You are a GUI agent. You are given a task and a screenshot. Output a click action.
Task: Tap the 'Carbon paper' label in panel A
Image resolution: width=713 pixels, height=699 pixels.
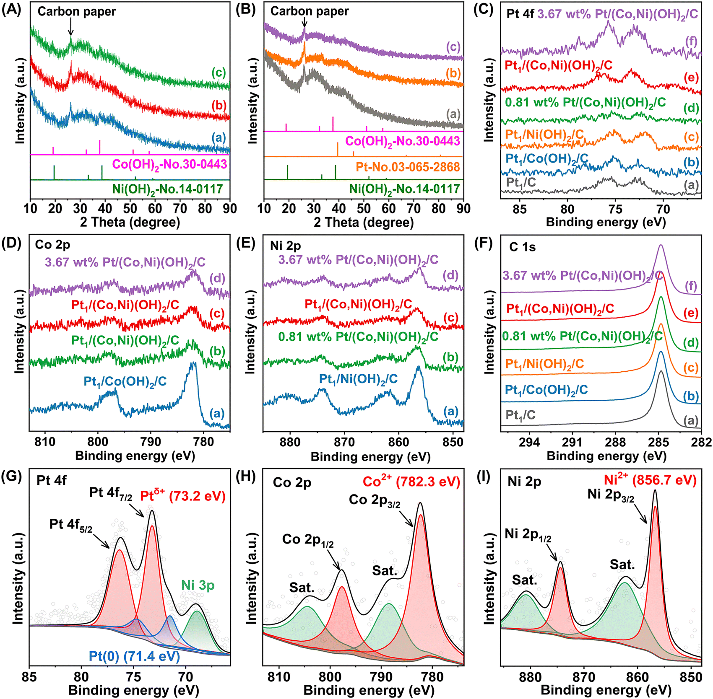tap(76, 11)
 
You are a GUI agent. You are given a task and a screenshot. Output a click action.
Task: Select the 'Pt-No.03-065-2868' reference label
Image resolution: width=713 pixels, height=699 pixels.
tap(408, 167)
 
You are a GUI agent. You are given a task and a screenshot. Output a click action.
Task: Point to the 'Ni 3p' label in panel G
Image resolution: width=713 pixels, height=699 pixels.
tap(198, 585)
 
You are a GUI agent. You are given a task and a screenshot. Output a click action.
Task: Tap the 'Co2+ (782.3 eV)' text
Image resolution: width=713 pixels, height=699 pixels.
tap(411, 482)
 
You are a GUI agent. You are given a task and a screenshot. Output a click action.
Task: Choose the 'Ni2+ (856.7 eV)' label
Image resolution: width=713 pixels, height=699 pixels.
tap(650, 480)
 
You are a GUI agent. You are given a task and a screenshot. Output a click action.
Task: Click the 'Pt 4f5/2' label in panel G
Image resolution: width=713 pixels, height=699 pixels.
tap(70, 525)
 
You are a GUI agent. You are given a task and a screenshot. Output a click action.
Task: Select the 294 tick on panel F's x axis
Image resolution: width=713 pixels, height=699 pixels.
tap(529, 442)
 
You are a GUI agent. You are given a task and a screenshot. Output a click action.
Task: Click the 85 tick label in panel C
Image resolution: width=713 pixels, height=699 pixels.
tap(519, 208)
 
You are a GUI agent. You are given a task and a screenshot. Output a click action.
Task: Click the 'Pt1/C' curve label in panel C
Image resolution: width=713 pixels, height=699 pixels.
tap(521, 182)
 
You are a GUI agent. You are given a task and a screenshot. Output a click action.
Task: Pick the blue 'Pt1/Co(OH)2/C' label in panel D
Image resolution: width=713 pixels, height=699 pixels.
tap(125, 381)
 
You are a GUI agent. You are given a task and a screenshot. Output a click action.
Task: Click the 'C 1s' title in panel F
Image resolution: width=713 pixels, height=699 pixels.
tap(522, 247)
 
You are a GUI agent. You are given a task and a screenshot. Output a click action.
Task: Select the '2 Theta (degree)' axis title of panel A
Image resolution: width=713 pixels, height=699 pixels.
tap(130, 222)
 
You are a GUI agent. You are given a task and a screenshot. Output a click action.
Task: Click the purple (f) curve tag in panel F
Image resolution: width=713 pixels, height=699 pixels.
tap(690, 286)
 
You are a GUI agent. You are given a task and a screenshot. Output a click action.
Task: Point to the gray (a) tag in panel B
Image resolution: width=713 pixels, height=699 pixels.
tap(453, 114)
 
